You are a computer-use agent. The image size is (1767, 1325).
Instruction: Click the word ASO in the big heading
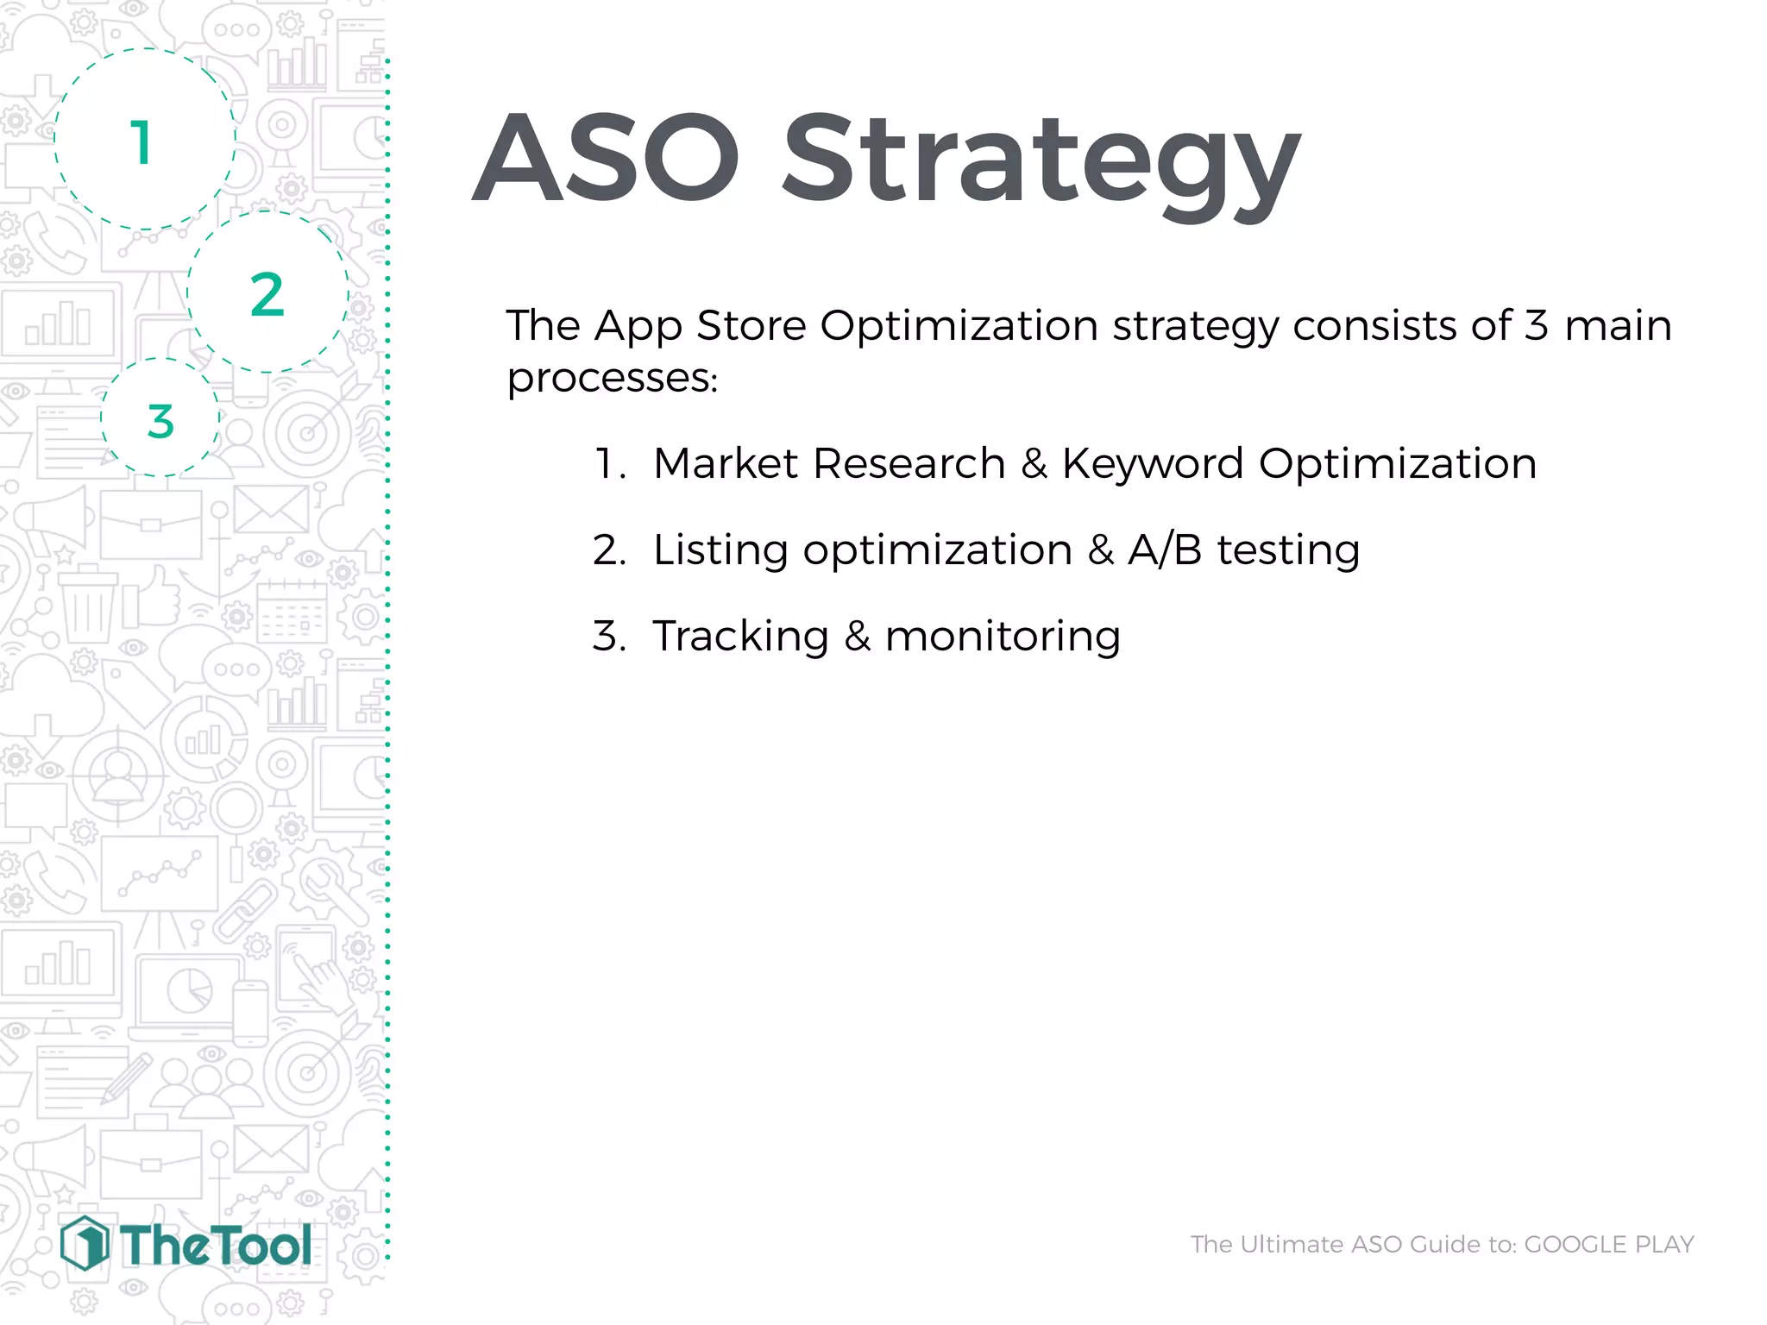[x=606, y=160]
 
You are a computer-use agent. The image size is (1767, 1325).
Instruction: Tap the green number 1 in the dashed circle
[x=142, y=142]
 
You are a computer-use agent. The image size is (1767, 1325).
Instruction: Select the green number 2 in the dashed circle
[x=267, y=295]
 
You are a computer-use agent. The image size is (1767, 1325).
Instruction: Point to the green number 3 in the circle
[x=160, y=422]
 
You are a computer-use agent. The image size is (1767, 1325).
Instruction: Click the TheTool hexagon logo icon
[x=85, y=1243]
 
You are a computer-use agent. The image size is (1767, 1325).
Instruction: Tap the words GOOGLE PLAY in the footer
[x=1608, y=1244]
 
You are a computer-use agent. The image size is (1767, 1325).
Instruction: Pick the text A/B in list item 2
[x=1165, y=550]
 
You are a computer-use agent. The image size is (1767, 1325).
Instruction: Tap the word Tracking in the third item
[x=740, y=637]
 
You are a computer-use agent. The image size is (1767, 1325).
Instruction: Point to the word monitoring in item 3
[x=1003, y=637]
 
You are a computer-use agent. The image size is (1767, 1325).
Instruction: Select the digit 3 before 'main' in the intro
[x=1536, y=326]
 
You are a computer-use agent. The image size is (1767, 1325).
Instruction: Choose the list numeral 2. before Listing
[x=608, y=550]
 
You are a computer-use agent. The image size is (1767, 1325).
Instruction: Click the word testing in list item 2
[x=1287, y=550]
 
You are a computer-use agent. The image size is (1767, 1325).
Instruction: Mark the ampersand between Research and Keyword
[x=1034, y=464]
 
